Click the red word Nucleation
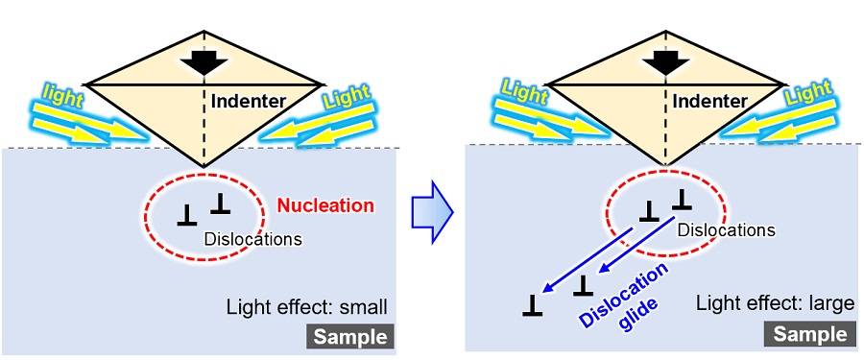[x=324, y=205]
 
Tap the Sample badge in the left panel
[x=351, y=337]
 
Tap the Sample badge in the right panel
[x=809, y=334]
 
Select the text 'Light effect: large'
[x=776, y=304]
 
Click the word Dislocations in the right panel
[x=726, y=230]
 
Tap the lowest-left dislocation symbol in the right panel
[x=533, y=306]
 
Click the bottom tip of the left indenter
[x=203, y=166]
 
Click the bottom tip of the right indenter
[x=660, y=164]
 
